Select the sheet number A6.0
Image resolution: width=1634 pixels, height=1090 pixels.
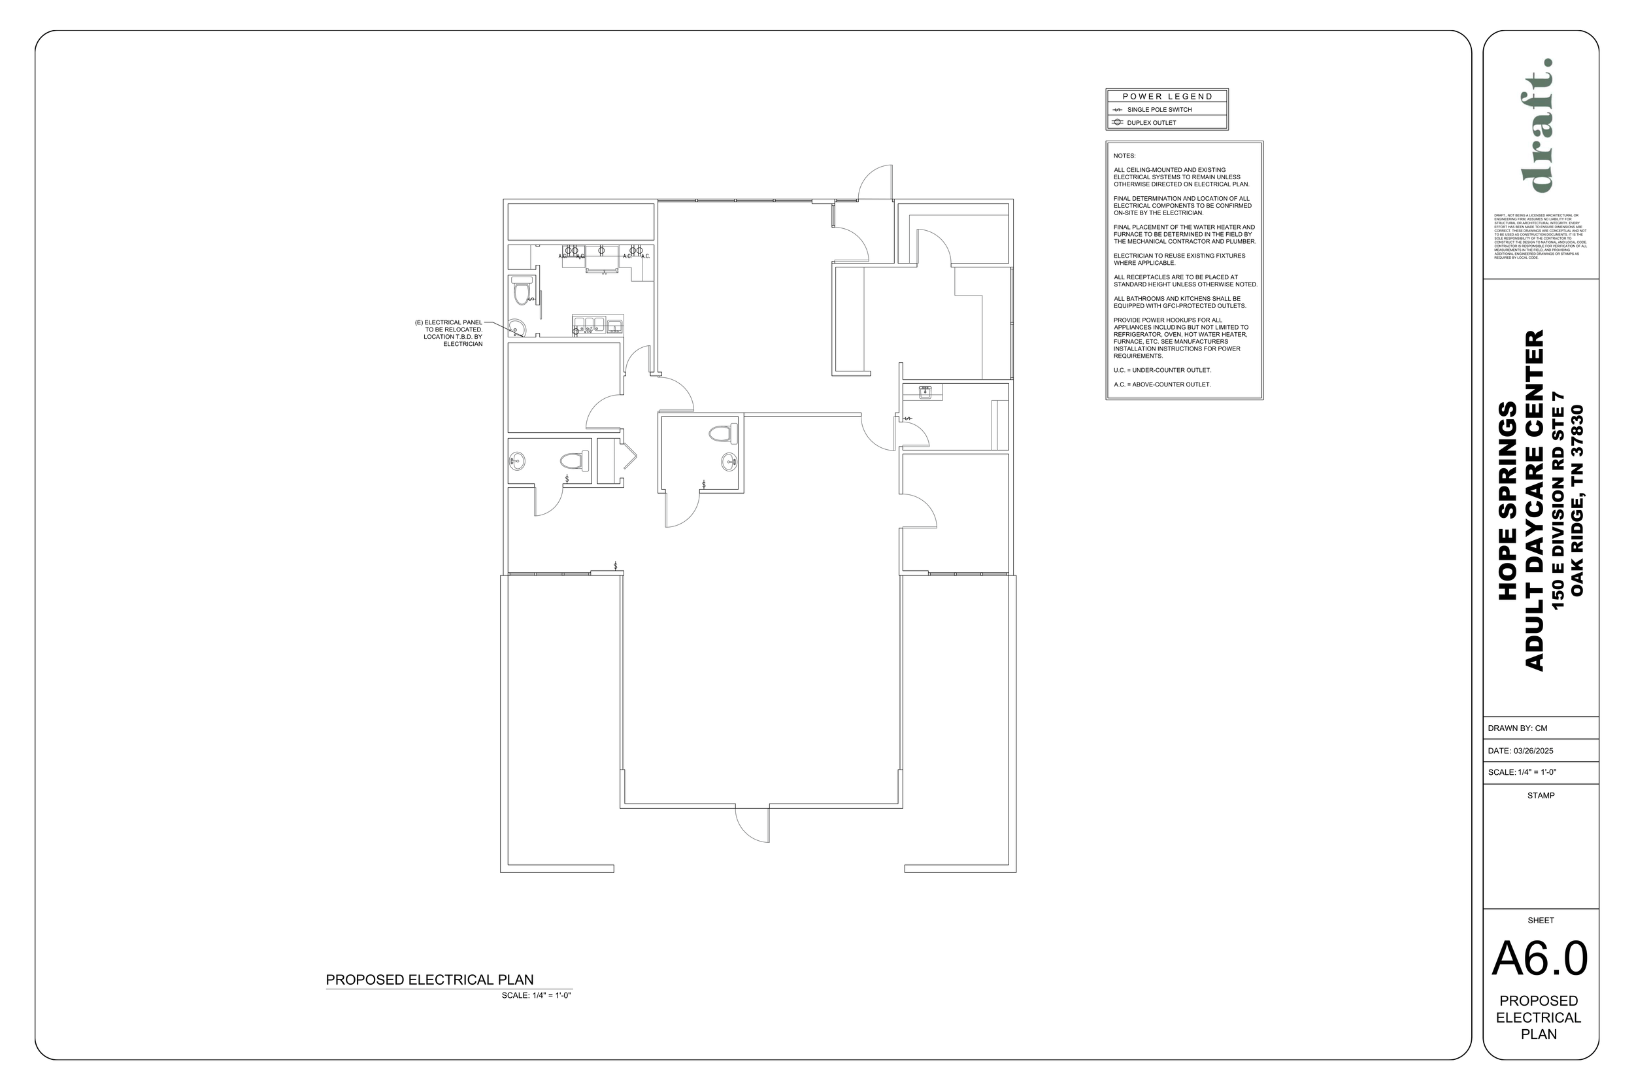point(1539,959)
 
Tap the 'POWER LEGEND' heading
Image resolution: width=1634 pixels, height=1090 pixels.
point(1167,97)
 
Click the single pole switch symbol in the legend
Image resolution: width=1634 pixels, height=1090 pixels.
point(1117,110)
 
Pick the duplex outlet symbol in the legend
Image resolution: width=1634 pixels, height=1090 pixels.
point(1117,122)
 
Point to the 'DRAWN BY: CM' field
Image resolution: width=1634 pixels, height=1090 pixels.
point(1517,728)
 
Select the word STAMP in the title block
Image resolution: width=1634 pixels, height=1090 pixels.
point(1541,795)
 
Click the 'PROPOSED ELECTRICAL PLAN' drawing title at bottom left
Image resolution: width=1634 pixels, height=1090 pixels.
point(429,979)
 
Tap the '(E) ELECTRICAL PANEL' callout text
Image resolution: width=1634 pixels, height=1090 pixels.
point(449,322)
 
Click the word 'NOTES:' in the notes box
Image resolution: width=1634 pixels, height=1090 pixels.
point(1124,156)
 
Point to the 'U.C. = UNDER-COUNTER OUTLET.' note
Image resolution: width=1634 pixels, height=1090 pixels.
point(1161,370)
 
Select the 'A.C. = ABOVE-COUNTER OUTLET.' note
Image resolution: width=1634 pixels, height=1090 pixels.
point(1161,384)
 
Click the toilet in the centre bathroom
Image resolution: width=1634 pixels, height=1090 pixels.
point(722,434)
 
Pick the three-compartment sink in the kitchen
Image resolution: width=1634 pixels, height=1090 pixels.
point(589,324)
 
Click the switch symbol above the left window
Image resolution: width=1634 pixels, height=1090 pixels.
point(615,566)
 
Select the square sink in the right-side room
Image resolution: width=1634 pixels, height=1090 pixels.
point(925,392)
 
